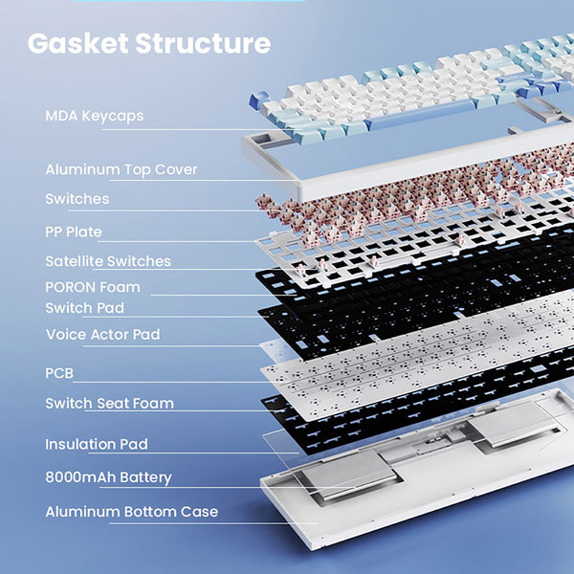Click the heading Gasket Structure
[x=148, y=43]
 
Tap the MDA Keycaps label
[x=94, y=116]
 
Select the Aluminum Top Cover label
[x=121, y=169]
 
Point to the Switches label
[x=77, y=199]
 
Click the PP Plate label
[x=74, y=232]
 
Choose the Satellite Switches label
[x=108, y=261]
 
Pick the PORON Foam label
[x=93, y=287]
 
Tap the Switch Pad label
[x=84, y=308]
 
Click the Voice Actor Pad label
[x=102, y=335]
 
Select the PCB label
[x=59, y=372]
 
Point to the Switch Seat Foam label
[x=109, y=403]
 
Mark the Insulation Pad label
[x=97, y=444]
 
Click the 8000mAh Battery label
[x=108, y=477]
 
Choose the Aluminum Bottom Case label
[x=131, y=512]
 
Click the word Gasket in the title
[x=77, y=43]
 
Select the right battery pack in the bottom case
[x=512, y=421]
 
